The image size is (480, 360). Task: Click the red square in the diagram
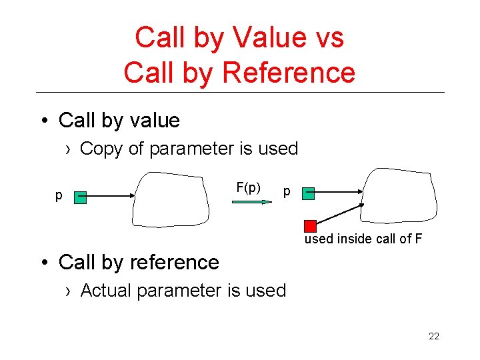pyautogui.click(x=310, y=225)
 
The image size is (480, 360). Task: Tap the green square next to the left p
pyautogui.click(x=81, y=197)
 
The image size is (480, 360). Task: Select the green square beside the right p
pyautogui.click(x=308, y=193)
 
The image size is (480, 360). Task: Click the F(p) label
pyautogui.click(x=248, y=187)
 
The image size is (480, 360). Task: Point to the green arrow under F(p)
pyautogui.click(x=252, y=201)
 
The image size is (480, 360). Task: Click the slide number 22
pyautogui.click(x=434, y=336)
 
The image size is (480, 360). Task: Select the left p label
pyautogui.click(x=59, y=195)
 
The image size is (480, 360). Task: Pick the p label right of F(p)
pyautogui.click(x=287, y=192)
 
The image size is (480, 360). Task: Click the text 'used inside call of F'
pyautogui.click(x=363, y=239)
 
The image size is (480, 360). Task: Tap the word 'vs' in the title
pyautogui.click(x=329, y=37)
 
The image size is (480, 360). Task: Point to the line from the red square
pyautogui.click(x=340, y=213)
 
